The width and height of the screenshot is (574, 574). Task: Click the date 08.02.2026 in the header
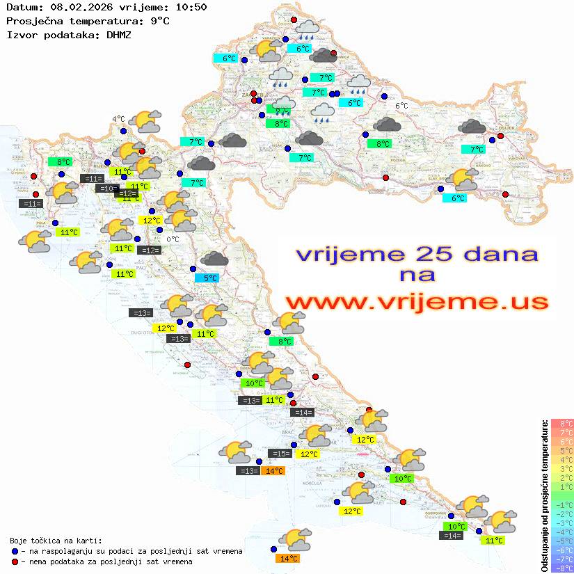tap(80, 7)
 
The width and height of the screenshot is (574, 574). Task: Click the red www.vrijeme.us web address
tap(416, 301)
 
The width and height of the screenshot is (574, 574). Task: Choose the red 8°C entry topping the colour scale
tap(562, 424)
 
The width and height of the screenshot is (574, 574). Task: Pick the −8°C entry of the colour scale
tap(562, 568)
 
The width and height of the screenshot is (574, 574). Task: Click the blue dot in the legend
tap(15, 551)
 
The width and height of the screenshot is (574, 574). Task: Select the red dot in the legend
tap(15, 561)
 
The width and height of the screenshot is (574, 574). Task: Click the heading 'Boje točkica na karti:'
tap(56, 541)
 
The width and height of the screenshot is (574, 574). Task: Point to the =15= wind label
tap(280, 454)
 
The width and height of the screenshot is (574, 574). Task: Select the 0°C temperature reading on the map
tap(173, 239)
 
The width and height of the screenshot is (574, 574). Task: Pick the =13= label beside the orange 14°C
tap(248, 471)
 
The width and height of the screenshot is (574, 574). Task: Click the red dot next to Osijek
tap(500, 136)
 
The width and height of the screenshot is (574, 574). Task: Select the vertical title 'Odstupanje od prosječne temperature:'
tap(545, 495)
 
